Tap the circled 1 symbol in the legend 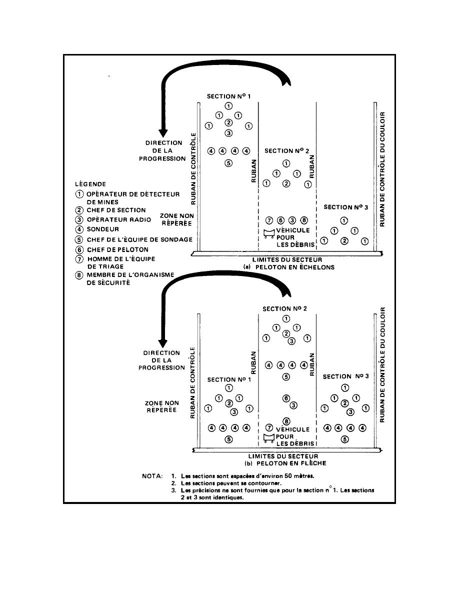78,194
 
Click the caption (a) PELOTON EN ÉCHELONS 285,267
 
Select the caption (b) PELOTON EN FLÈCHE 285,463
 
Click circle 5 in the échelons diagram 228,162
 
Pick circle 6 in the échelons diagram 280,220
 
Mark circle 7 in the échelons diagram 269,220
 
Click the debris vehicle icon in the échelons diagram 269,233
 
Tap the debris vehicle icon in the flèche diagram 269,438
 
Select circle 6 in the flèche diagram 286,398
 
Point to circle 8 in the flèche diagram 286,420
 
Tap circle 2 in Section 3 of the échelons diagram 344,241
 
